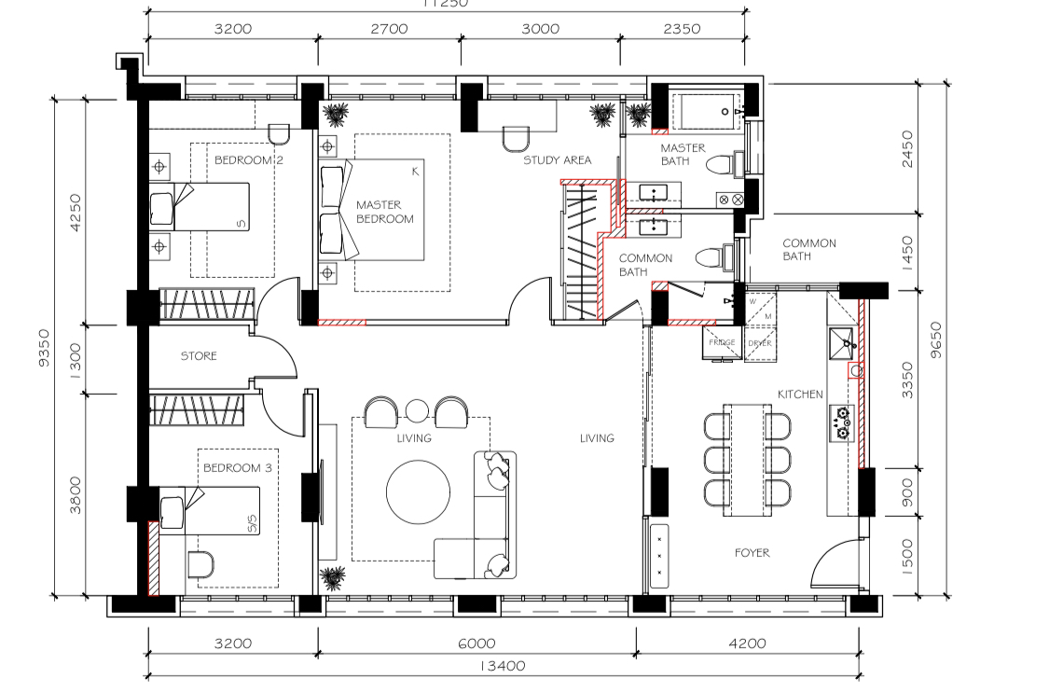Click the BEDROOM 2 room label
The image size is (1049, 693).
click(x=248, y=160)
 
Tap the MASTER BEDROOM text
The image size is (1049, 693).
click(x=384, y=212)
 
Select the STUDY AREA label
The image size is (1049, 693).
click(x=557, y=160)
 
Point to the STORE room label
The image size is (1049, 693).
click(x=199, y=356)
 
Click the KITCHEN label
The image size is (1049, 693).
click(x=800, y=395)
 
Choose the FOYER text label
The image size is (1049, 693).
click(x=752, y=553)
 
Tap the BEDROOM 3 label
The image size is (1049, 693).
click(x=237, y=468)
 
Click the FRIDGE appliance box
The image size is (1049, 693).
click(x=722, y=342)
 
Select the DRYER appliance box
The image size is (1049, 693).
click(x=759, y=342)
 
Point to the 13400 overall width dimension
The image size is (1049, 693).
click(x=503, y=666)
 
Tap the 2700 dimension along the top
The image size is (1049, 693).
click(x=389, y=29)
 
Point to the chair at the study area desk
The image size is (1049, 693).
click(x=515, y=139)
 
